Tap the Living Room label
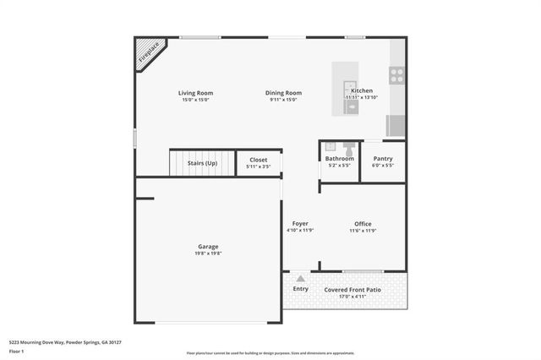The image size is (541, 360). click(195, 93)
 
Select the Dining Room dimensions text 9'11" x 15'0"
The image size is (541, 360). click(285, 101)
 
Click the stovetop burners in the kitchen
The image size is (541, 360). click(396, 74)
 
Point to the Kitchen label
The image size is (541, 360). click(362, 90)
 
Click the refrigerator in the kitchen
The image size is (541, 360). click(396, 125)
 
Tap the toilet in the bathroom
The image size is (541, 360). click(347, 147)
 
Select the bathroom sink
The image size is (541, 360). click(330, 146)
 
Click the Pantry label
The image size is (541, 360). click(382, 159)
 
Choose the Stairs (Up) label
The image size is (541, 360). click(202, 163)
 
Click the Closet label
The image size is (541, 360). click(258, 159)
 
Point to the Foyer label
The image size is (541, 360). click(300, 223)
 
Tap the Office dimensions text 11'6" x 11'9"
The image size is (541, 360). click(363, 231)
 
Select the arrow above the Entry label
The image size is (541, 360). click(300, 278)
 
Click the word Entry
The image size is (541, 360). click(300, 289)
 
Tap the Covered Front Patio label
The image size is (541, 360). click(352, 289)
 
